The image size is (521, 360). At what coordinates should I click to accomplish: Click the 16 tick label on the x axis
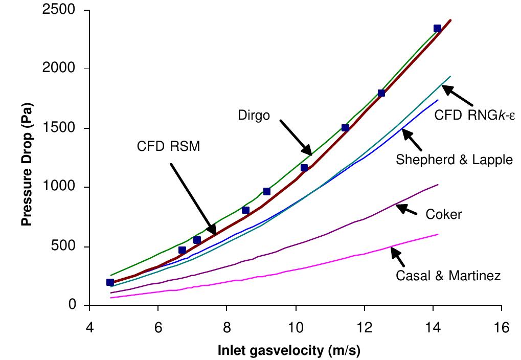click(x=502, y=326)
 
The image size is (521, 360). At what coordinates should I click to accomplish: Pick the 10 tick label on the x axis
click(x=296, y=326)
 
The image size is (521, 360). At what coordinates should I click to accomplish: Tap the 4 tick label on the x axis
click(x=89, y=326)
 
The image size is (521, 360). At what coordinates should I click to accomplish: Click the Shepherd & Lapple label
click(x=454, y=160)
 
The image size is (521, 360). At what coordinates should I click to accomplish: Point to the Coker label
click(x=443, y=214)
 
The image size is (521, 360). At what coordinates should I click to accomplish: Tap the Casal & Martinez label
click(x=448, y=276)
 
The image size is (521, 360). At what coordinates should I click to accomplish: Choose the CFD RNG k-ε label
click(x=474, y=115)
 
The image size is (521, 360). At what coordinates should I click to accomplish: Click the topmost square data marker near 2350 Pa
click(x=437, y=29)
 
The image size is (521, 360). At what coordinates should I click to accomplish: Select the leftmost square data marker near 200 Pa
click(x=110, y=282)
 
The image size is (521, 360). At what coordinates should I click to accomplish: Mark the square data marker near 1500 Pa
click(x=345, y=128)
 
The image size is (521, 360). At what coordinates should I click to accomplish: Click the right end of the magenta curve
click(x=438, y=234)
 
